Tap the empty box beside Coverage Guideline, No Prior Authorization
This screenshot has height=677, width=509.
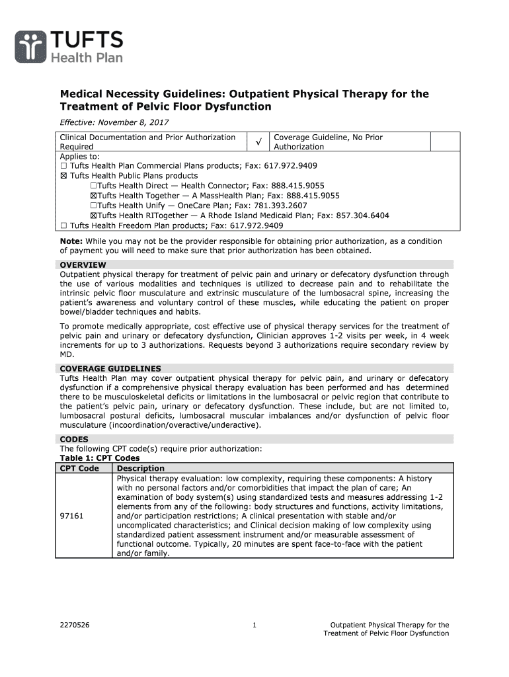[445, 141]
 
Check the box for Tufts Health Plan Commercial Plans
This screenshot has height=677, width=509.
[63, 166]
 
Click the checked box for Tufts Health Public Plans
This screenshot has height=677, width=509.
[63, 176]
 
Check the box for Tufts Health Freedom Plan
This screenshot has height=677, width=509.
[63, 225]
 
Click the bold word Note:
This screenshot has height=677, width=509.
[71, 242]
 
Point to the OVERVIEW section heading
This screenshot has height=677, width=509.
[83, 265]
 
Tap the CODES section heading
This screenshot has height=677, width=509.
[74, 439]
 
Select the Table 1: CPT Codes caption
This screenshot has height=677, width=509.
[100, 458]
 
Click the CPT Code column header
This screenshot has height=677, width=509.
[80, 469]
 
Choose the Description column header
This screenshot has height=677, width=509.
[141, 469]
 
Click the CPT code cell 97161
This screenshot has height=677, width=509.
[71, 516]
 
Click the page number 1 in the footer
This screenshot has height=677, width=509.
[254, 625]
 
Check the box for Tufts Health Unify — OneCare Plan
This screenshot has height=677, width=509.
[94, 206]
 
